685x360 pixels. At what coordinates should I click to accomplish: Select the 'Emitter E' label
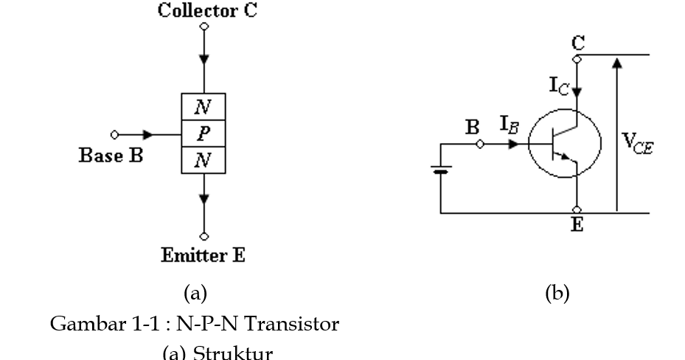(x=204, y=255)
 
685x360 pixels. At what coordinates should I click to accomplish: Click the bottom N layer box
(x=204, y=160)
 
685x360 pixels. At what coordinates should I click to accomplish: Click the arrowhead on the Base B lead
(x=150, y=135)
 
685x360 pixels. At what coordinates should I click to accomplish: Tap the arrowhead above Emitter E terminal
(x=204, y=198)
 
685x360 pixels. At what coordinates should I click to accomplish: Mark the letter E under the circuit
(x=577, y=226)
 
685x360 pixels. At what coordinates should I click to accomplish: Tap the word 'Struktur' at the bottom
(x=235, y=353)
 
